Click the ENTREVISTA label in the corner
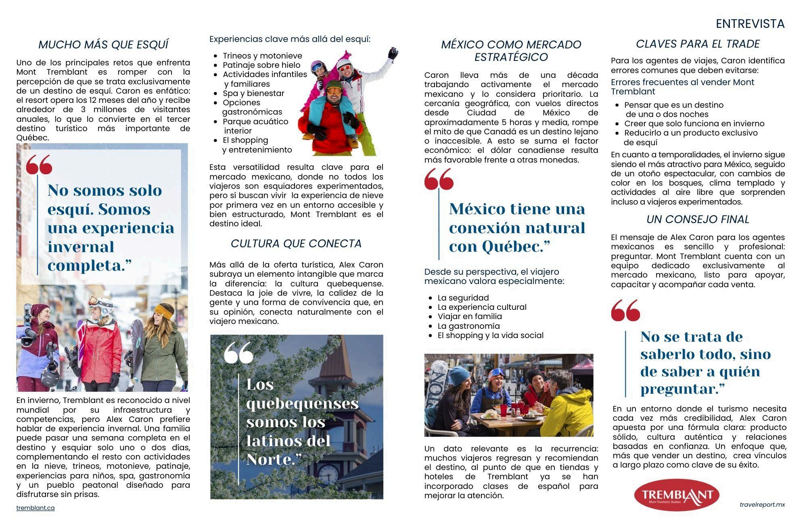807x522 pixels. pos(750,24)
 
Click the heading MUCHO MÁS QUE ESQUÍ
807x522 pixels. pos(103,45)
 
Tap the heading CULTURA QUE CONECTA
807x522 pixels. pos(296,244)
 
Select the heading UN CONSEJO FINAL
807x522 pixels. pos(698,219)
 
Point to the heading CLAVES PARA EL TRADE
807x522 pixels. pos(698,44)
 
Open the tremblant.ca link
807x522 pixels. pos(36,508)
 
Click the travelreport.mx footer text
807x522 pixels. pos(762,505)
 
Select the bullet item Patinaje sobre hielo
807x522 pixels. pos(261,65)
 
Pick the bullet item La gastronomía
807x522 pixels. pos(468,326)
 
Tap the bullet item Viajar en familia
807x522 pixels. pos(470,317)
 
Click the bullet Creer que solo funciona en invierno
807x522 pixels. pos(694,124)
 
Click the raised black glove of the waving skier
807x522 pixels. pos(393,53)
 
